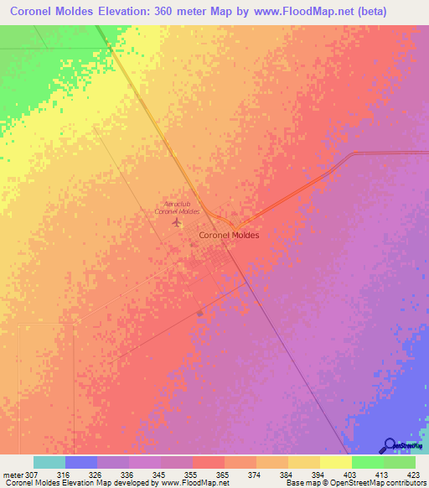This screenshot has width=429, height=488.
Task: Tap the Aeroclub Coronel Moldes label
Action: (177, 208)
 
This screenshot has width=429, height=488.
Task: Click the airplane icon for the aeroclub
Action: (176, 223)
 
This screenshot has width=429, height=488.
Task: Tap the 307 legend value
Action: (31, 475)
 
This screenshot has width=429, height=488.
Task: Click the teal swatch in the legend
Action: (49, 462)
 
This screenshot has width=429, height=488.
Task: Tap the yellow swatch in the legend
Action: (336, 462)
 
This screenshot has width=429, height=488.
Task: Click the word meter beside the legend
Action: (11, 475)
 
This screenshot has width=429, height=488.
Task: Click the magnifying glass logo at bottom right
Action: (390, 445)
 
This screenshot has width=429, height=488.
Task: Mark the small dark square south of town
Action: (199, 314)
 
